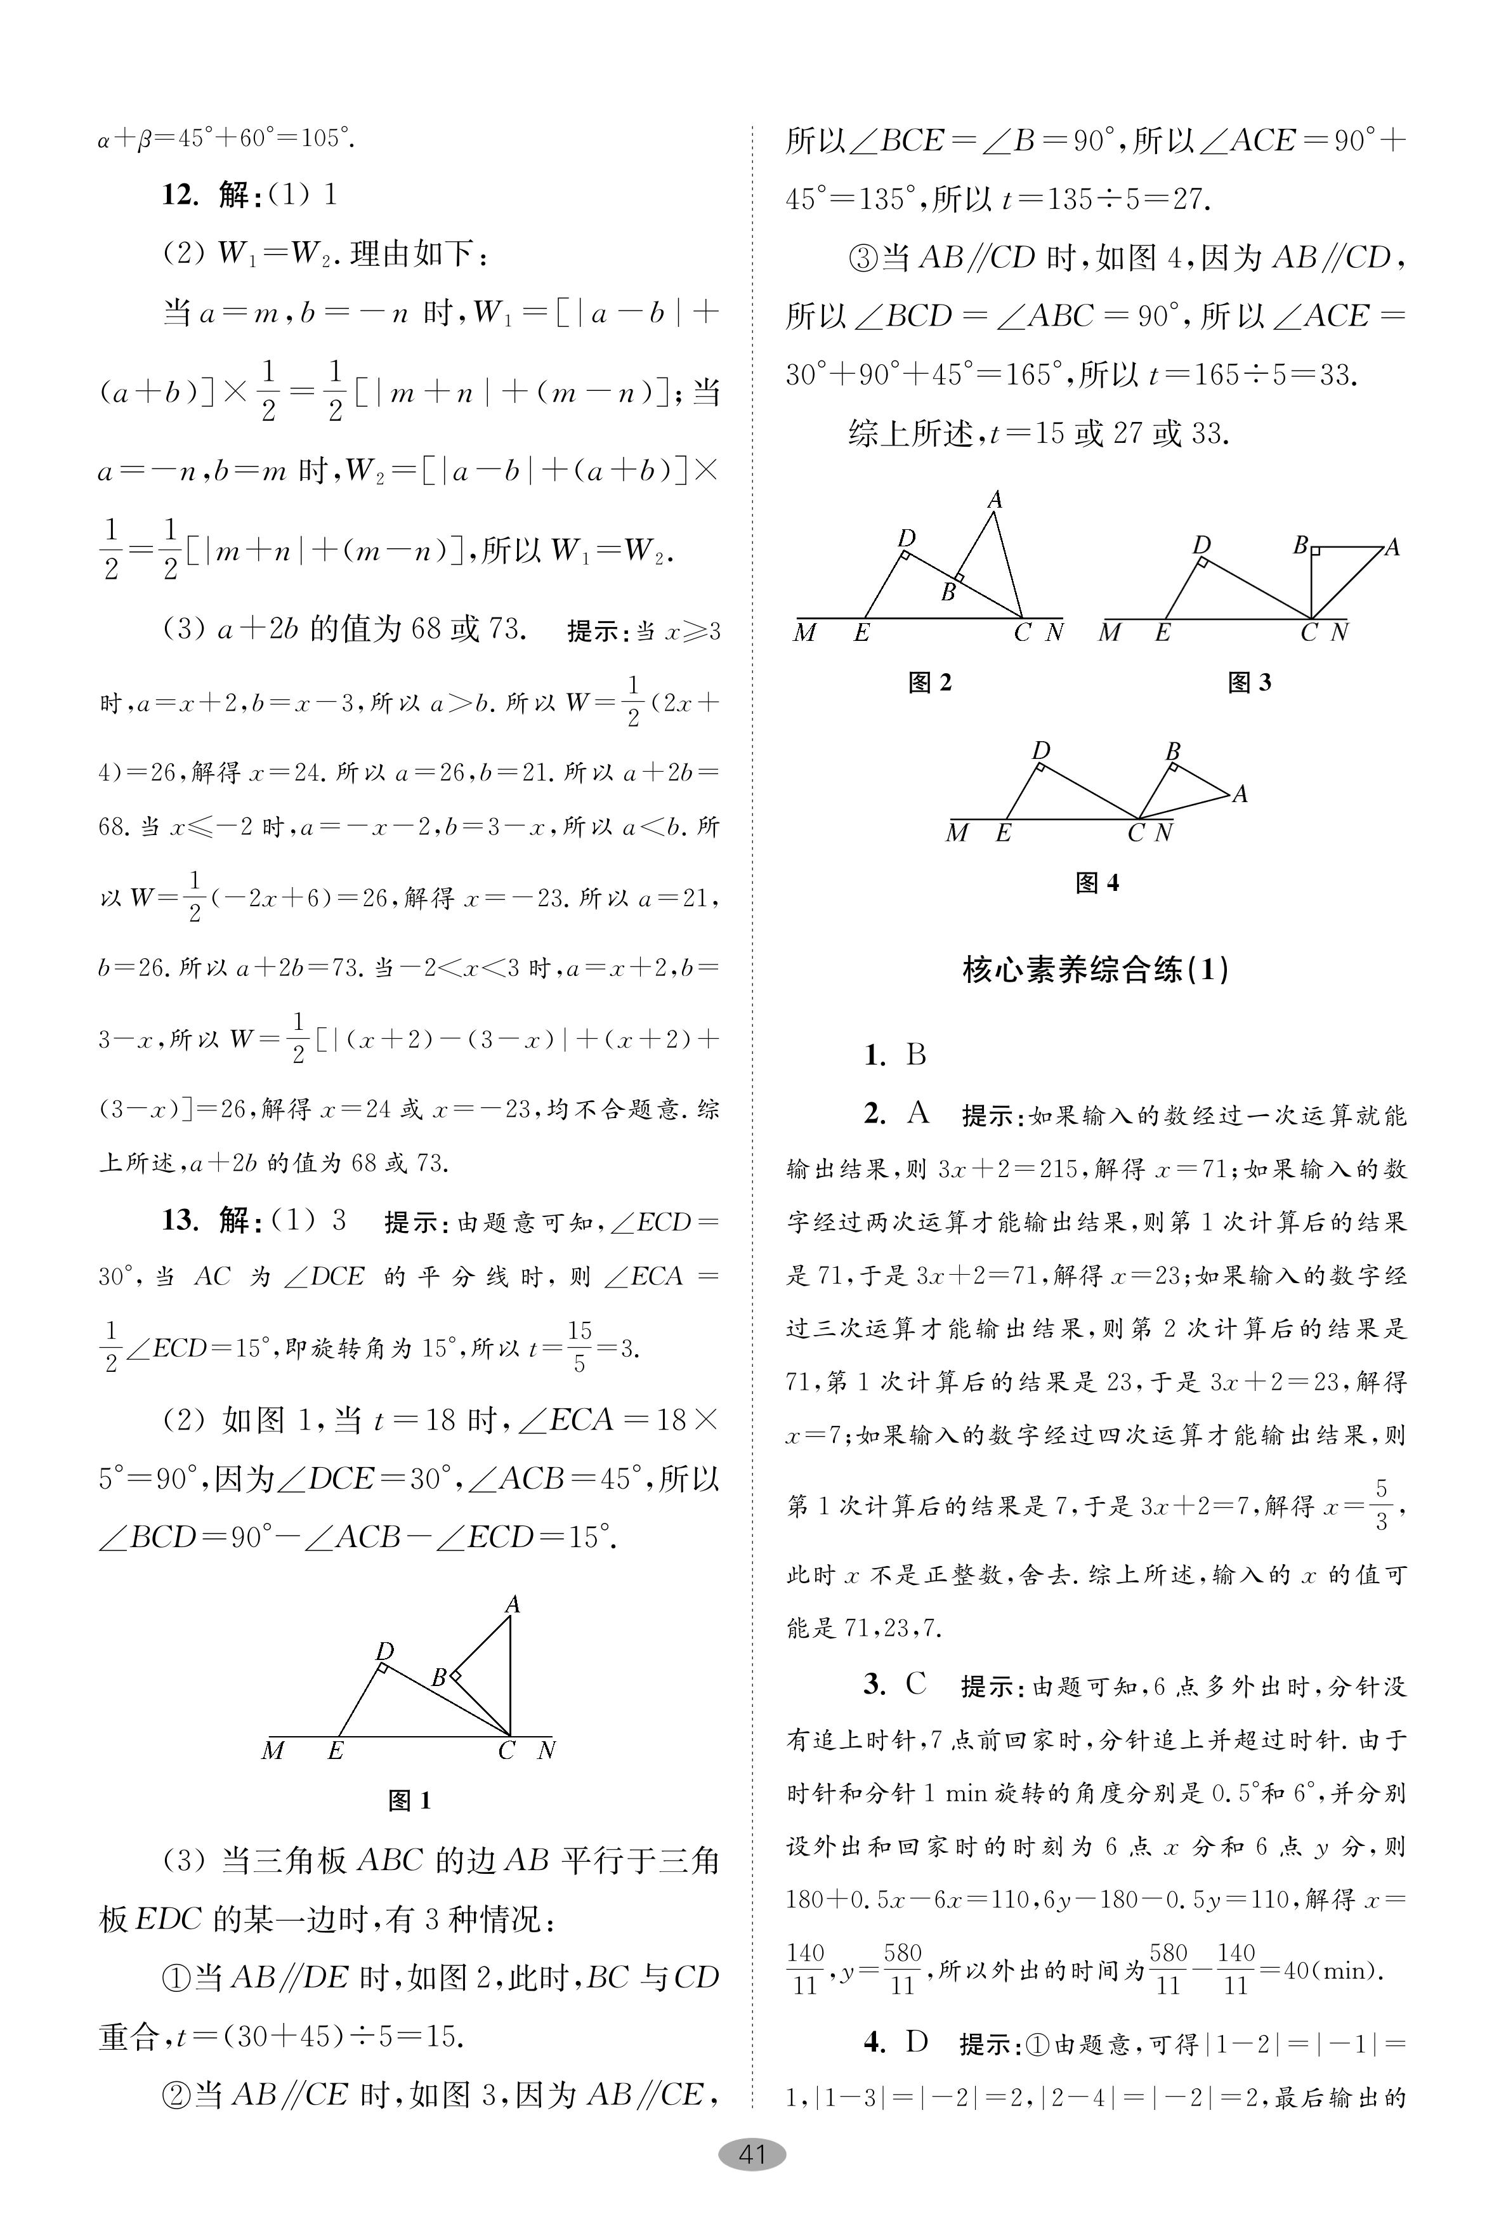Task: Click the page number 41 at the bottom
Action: (752, 2154)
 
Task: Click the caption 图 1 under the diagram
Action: (409, 1801)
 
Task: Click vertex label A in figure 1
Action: (513, 1604)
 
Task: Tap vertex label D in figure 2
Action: (906, 538)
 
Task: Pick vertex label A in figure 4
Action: (1240, 794)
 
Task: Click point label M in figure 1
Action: (273, 1751)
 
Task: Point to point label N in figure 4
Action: (1163, 833)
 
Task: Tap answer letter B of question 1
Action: (915, 1055)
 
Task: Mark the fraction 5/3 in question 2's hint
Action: (1381, 1505)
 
